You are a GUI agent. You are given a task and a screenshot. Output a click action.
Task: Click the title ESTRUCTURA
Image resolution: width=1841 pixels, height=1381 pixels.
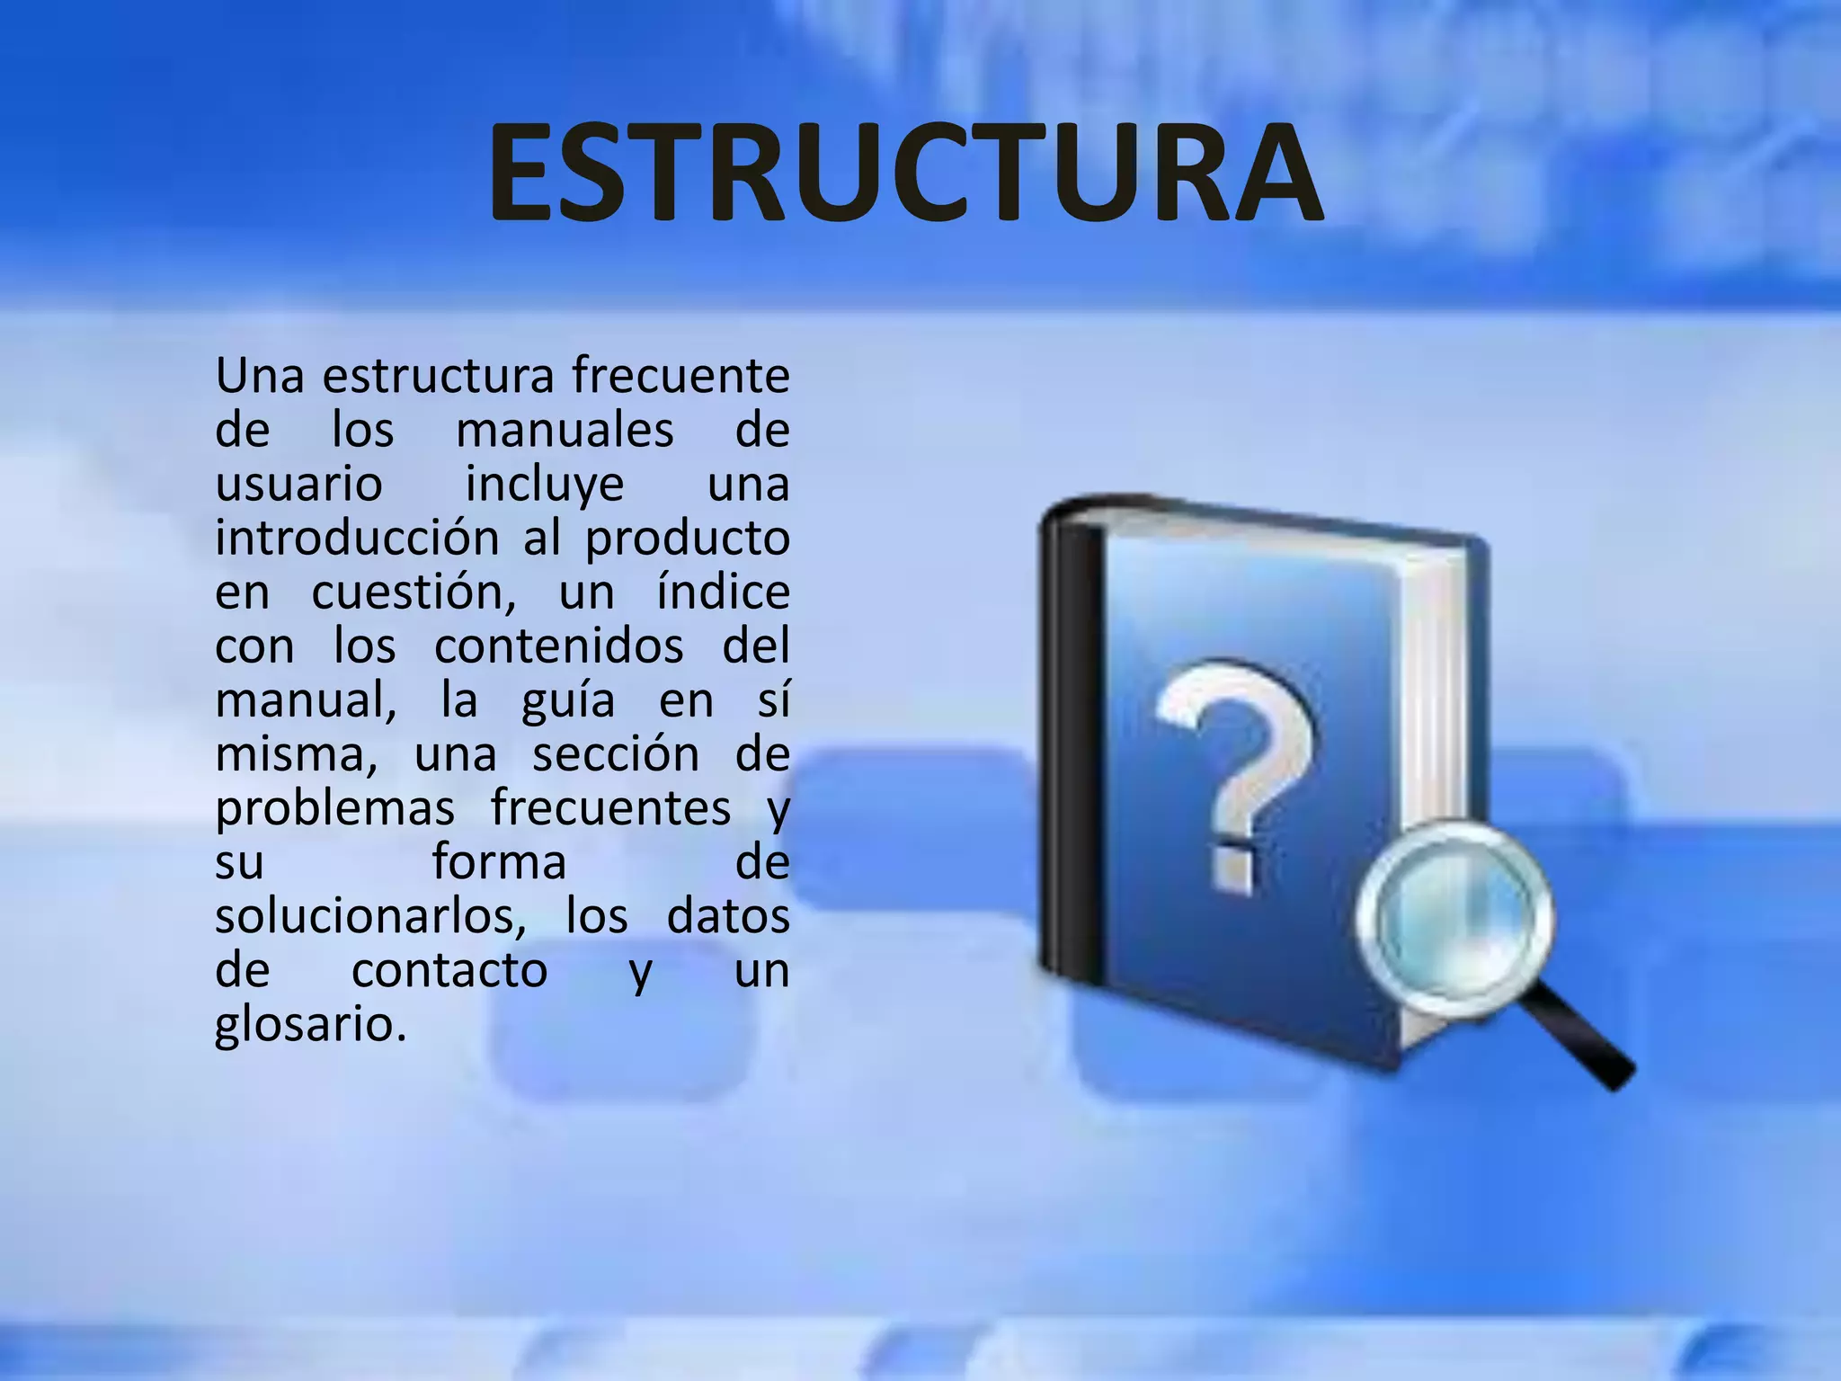tap(904, 174)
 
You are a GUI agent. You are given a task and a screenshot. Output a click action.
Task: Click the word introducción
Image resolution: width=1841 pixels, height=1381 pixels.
tap(357, 539)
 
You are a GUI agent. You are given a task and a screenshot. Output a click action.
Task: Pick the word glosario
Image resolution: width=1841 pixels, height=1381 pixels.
tap(310, 1024)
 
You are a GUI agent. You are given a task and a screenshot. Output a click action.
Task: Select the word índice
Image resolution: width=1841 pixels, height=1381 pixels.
tap(723, 592)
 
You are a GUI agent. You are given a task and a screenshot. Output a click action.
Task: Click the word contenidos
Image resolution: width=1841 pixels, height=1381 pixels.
tap(559, 646)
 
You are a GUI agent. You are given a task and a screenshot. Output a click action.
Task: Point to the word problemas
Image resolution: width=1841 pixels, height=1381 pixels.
tap(334, 808)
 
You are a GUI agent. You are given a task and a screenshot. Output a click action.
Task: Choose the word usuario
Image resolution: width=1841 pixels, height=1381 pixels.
tap(298, 485)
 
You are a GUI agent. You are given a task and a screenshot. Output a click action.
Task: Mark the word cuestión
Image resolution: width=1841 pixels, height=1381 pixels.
tap(414, 592)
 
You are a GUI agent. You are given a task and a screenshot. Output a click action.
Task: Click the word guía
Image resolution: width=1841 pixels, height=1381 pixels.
tap(568, 700)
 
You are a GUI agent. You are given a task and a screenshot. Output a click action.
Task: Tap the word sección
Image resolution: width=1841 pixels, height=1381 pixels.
tap(616, 754)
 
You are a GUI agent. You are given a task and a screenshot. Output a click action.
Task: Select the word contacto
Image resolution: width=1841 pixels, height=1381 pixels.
tap(449, 970)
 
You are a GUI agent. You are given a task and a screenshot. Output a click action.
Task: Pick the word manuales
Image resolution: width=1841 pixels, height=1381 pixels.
tap(565, 431)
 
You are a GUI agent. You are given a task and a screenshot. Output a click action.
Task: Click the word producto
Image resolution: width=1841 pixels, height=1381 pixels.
tap(688, 539)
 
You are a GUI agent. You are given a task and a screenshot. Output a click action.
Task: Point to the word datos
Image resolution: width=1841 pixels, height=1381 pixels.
tap(728, 916)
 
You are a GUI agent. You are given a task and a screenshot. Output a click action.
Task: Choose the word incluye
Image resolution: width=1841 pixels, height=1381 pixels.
tap(545, 485)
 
